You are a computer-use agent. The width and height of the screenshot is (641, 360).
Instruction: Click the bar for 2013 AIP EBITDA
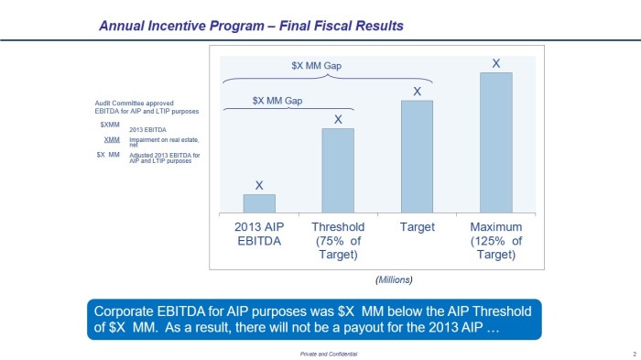click(259, 203)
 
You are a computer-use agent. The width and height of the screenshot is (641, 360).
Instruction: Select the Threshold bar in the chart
click(338, 170)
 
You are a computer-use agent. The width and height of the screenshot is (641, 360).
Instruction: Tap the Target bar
click(417, 157)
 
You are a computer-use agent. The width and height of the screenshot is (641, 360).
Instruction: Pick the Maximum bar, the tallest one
click(495, 143)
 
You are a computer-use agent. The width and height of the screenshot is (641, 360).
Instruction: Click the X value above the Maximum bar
click(496, 63)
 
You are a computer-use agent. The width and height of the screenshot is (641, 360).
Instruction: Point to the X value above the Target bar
click(417, 92)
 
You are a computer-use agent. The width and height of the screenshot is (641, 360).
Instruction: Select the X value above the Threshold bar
click(338, 119)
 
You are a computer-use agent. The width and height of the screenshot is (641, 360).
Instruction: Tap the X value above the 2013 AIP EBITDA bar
click(259, 186)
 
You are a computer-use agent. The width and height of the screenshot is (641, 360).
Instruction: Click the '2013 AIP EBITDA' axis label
click(259, 234)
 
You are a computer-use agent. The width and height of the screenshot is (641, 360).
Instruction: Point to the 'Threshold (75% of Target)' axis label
click(338, 240)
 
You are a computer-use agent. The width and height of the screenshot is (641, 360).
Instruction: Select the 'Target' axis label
click(417, 227)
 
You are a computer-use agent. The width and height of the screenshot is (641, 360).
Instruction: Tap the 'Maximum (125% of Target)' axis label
click(495, 240)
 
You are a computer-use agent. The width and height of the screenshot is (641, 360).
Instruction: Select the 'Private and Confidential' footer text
click(329, 353)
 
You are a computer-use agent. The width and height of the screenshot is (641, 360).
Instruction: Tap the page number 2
click(633, 353)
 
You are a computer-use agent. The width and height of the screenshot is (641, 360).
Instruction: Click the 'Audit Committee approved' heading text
click(134, 104)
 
